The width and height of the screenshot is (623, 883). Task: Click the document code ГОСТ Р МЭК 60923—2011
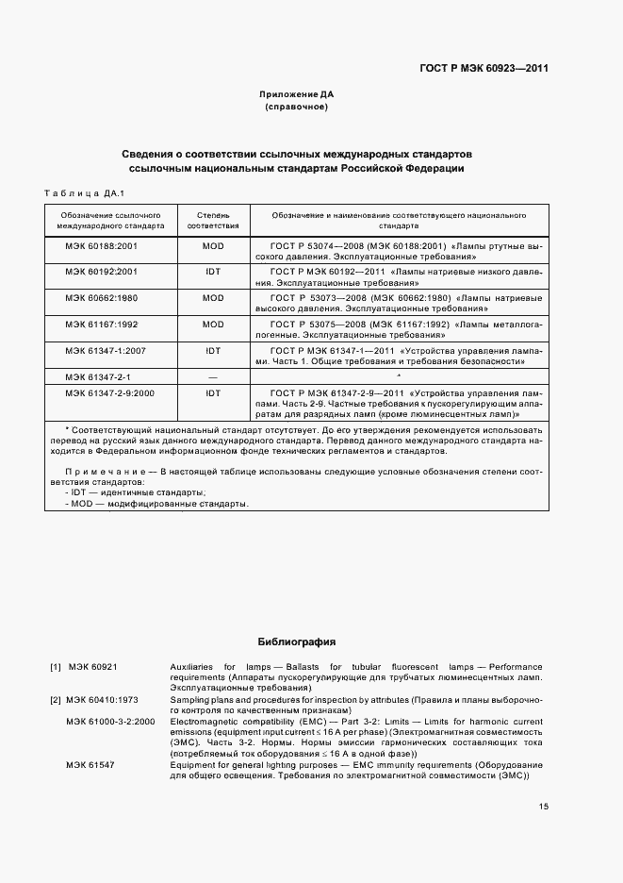[x=484, y=68]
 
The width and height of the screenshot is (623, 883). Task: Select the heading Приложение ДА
[x=297, y=94]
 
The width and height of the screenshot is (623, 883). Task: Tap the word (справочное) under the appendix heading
[x=297, y=108]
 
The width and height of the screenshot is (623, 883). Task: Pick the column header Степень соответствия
[x=213, y=221]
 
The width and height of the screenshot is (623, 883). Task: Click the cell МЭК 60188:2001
[x=103, y=246]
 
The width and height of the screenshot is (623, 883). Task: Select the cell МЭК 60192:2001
[x=103, y=272]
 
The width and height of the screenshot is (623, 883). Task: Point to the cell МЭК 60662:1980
[x=103, y=298]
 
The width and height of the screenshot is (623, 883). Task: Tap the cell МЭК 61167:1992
[x=103, y=325]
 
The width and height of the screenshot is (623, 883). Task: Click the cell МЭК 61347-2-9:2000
[x=109, y=391]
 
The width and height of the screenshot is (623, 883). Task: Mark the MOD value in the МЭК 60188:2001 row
[x=213, y=246]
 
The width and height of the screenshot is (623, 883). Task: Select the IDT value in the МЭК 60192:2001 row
[x=213, y=272]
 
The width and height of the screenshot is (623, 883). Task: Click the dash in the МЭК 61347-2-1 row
[x=213, y=376]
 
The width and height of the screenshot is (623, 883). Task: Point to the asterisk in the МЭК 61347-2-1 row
[x=399, y=376]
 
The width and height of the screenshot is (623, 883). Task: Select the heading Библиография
[x=297, y=641]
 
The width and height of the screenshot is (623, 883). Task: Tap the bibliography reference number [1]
[x=56, y=667]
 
